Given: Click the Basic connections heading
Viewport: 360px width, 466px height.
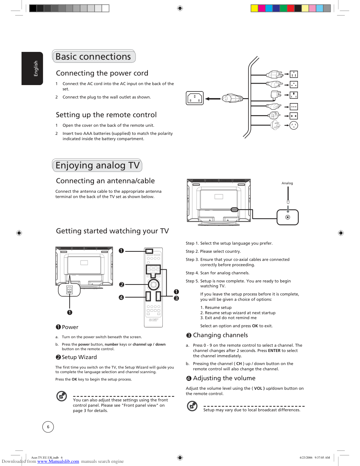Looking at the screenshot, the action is [x=93, y=56].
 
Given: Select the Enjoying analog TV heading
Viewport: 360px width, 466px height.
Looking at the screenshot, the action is [x=97, y=166].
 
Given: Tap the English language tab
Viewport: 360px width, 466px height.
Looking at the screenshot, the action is [x=32, y=68].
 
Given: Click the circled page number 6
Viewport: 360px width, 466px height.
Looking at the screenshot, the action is [x=48, y=427].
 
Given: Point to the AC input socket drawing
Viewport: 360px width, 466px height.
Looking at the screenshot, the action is [x=195, y=98].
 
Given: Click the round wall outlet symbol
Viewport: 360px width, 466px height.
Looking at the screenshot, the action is [x=294, y=125].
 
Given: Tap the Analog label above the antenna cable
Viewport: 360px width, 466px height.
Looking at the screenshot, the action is [x=287, y=183].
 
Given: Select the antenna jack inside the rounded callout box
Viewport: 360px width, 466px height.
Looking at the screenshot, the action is [x=288, y=217].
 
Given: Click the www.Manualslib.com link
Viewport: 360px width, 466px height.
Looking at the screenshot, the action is [x=58, y=461].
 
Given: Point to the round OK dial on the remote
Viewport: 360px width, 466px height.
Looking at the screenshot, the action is [x=154, y=285].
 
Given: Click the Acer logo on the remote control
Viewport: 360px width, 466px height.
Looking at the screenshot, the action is [x=154, y=320].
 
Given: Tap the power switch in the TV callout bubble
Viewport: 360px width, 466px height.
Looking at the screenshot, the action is [x=70, y=290].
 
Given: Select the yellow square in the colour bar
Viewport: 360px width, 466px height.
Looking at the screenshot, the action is [x=254, y=8].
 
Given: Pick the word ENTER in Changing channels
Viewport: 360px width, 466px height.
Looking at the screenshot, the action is [x=274, y=351].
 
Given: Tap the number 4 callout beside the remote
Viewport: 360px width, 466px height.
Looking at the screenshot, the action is [x=121, y=298].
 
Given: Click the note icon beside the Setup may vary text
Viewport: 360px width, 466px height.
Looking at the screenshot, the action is [x=192, y=406].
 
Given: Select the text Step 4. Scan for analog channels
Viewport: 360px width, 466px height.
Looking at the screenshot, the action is [x=217, y=273].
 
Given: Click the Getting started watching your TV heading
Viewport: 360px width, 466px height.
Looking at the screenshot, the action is [x=112, y=231].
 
